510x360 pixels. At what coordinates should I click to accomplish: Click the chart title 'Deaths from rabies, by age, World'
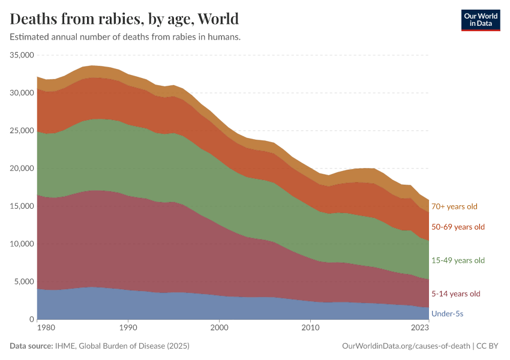(x=124, y=19)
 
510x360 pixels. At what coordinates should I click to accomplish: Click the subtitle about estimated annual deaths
(x=125, y=37)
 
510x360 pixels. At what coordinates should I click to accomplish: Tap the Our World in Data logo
(x=480, y=20)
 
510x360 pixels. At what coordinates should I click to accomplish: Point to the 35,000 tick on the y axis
(x=21, y=55)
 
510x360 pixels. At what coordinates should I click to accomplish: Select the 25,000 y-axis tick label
(x=21, y=131)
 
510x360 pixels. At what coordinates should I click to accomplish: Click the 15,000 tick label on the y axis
(x=21, y=206)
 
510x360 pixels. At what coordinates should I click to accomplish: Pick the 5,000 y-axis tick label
(x=23, y=282)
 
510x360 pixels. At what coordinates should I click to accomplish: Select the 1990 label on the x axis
(x=128, y=328)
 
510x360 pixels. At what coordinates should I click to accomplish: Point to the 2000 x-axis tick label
(x=219, y=328)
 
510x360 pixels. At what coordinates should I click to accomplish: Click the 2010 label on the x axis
(x=310, y=328)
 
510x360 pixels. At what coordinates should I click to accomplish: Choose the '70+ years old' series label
(x=454, y=206)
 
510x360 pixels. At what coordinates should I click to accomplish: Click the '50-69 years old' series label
(x=458, y=227)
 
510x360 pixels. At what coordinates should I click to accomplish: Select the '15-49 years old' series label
(x=458, y=260)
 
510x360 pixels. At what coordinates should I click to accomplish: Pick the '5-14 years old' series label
(x=456, y=294)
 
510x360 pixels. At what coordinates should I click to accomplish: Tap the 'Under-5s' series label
(x=448, y=314)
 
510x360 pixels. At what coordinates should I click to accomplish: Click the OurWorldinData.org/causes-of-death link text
(x=406, y=346)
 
